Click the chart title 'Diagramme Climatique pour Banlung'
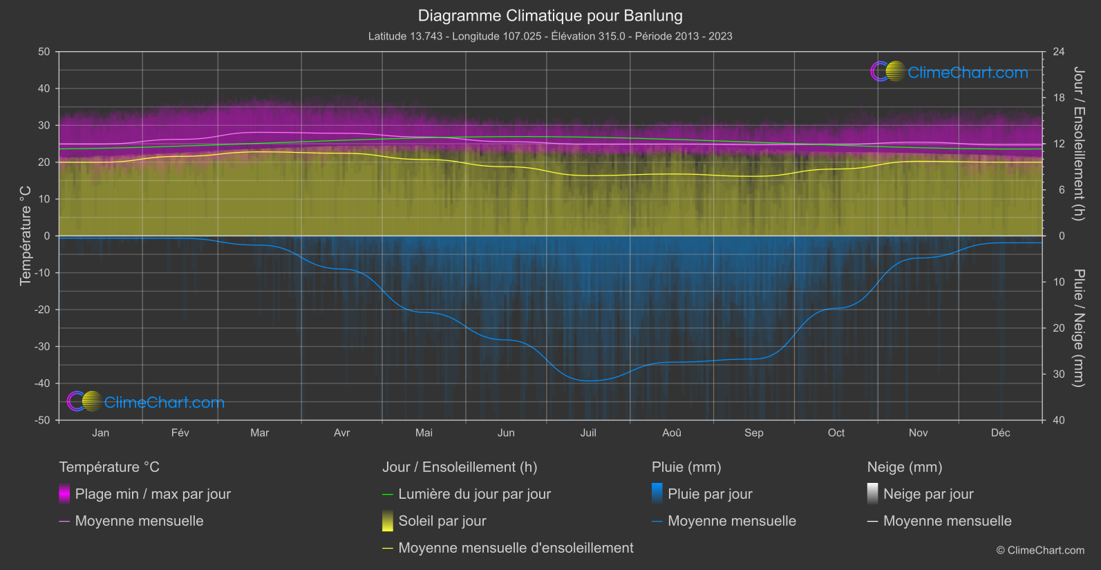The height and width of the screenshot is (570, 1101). coord(550,16)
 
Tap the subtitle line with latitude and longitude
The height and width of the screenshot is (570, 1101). coord(550,36)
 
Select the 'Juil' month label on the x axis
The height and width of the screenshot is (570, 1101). coord(588,433)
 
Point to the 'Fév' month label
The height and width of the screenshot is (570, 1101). coord(180,433)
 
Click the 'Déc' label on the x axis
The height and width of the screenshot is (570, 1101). coord(1000,433)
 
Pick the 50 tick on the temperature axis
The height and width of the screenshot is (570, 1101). coord(44,52)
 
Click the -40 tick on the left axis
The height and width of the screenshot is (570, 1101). coord(42,383)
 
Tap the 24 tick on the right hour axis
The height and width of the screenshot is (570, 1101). coord(1059,52)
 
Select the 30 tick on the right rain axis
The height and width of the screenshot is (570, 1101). coord(1059,374)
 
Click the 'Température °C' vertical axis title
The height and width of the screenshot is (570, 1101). coord(26,236)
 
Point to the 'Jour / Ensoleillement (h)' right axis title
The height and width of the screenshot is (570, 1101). coord(1078,144)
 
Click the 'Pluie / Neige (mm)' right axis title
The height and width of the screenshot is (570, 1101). coord(1078,328)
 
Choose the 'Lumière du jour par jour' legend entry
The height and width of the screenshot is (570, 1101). coord(474,494)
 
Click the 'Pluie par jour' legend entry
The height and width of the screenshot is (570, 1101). coord(710,494)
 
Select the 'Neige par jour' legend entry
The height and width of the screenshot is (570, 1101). coord(928,494)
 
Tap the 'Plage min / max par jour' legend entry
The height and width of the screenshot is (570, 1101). coord(153,494)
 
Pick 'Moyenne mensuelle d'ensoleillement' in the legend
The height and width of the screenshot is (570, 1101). coord(516,548)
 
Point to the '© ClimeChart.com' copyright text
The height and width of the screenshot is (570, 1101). coord(1040,551)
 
